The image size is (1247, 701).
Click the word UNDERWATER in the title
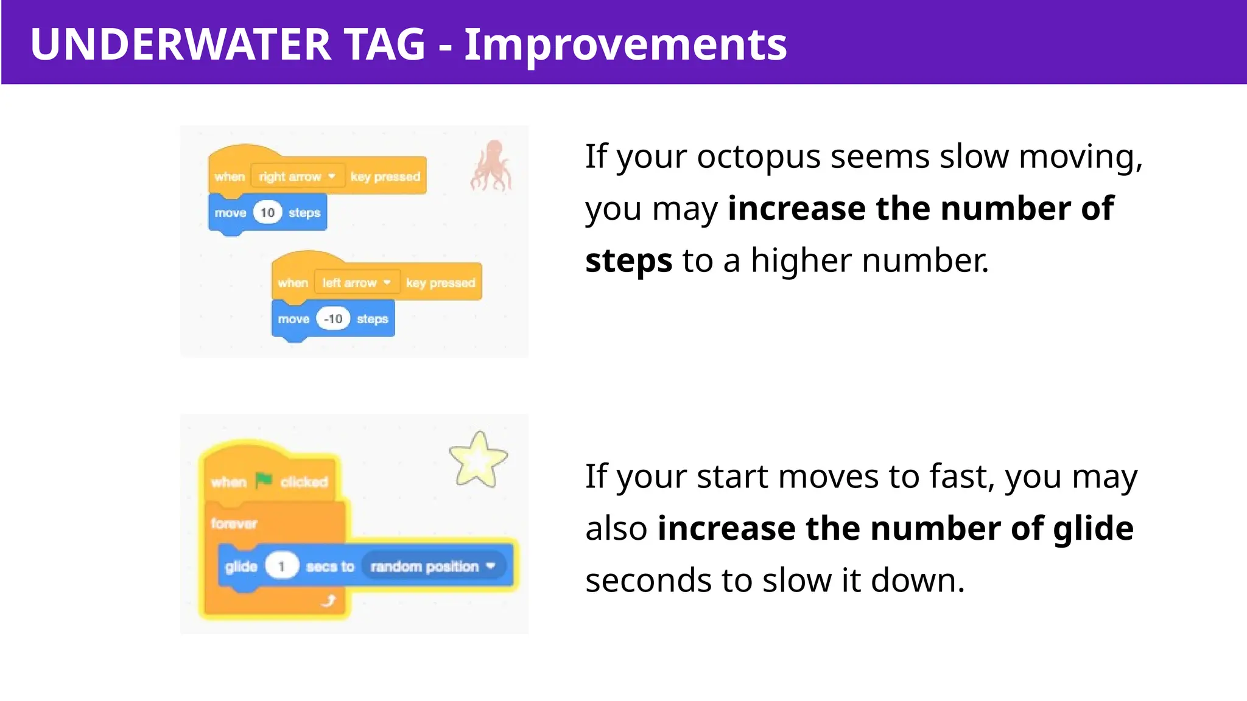[x=180, y=44]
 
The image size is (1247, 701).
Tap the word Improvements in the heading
[x=625, y=44]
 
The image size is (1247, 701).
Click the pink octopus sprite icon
[x=491, y=166]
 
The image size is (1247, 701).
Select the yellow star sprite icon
[x=478, y=460]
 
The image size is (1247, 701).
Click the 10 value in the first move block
[x=267, y=213]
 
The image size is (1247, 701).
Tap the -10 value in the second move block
[x=333, y=319]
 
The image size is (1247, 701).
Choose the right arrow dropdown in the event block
[x=297, y=176]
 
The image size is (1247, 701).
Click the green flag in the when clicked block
[x=264, y=481]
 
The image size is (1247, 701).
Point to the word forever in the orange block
[x=234, y=523]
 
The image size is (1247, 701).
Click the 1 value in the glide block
[x=281, y=567]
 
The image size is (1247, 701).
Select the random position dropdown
[x=433, y=567]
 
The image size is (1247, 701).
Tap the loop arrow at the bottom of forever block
[x=329, y=601]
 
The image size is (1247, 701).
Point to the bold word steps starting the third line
[x=628, y=261]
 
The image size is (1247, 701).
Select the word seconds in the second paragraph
[x=648, y=581]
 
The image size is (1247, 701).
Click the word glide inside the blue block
[x=241, y=567]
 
